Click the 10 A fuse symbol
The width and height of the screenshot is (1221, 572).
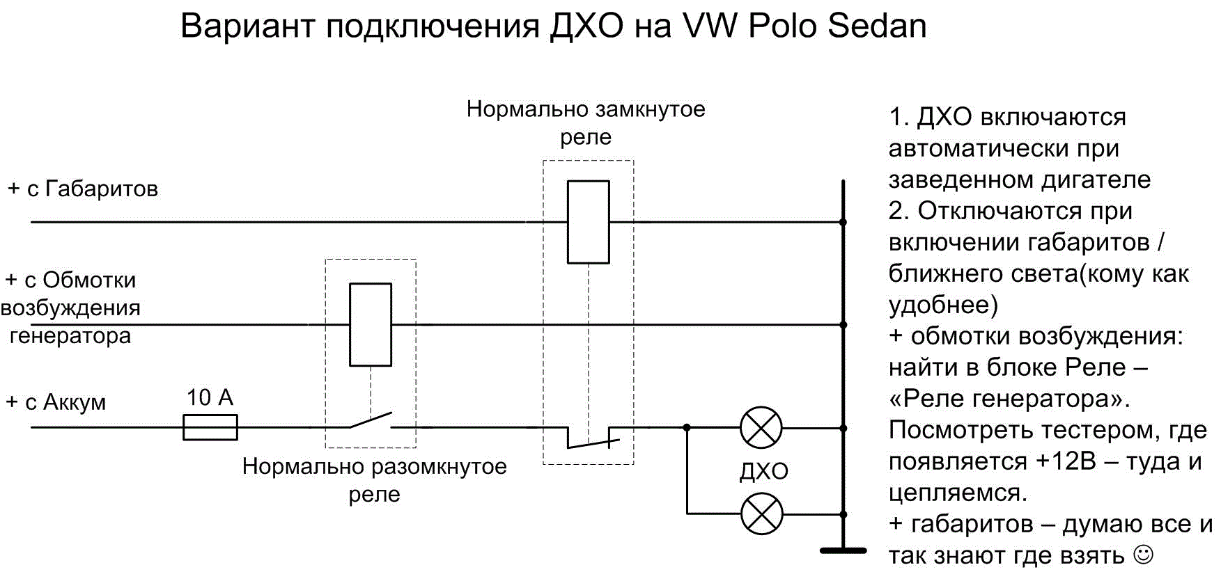tap(210, 427)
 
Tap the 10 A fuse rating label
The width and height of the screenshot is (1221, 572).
tap(210, 397)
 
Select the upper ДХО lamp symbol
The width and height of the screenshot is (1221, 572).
tap(761, 428)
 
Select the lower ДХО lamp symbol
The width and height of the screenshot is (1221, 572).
tap(761, 514)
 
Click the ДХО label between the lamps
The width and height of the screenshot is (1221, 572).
tap(763, 471)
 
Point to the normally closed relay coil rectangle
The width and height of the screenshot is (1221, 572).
tap(588, 222)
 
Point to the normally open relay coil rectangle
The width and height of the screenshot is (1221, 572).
tap(370, 324)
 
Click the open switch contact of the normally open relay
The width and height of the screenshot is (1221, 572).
tap(370, 421)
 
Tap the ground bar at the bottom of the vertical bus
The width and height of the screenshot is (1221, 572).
tap(843, 550)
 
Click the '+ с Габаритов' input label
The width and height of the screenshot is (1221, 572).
tap(83, 189)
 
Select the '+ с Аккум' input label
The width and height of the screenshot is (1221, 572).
tap(56, 402)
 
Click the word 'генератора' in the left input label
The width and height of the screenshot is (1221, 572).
tap(70, 335)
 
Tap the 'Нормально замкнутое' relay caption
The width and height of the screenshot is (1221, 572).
tap(586, 109)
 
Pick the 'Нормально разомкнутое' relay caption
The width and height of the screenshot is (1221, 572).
tap(374, 466)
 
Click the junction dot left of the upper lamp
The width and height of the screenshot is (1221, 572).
tap(687, 427)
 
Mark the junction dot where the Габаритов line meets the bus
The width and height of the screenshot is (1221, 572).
tap(843, 222)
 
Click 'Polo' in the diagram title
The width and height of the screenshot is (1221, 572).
tap(784, 26)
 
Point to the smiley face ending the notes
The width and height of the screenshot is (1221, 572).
tap(1144, 555)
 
